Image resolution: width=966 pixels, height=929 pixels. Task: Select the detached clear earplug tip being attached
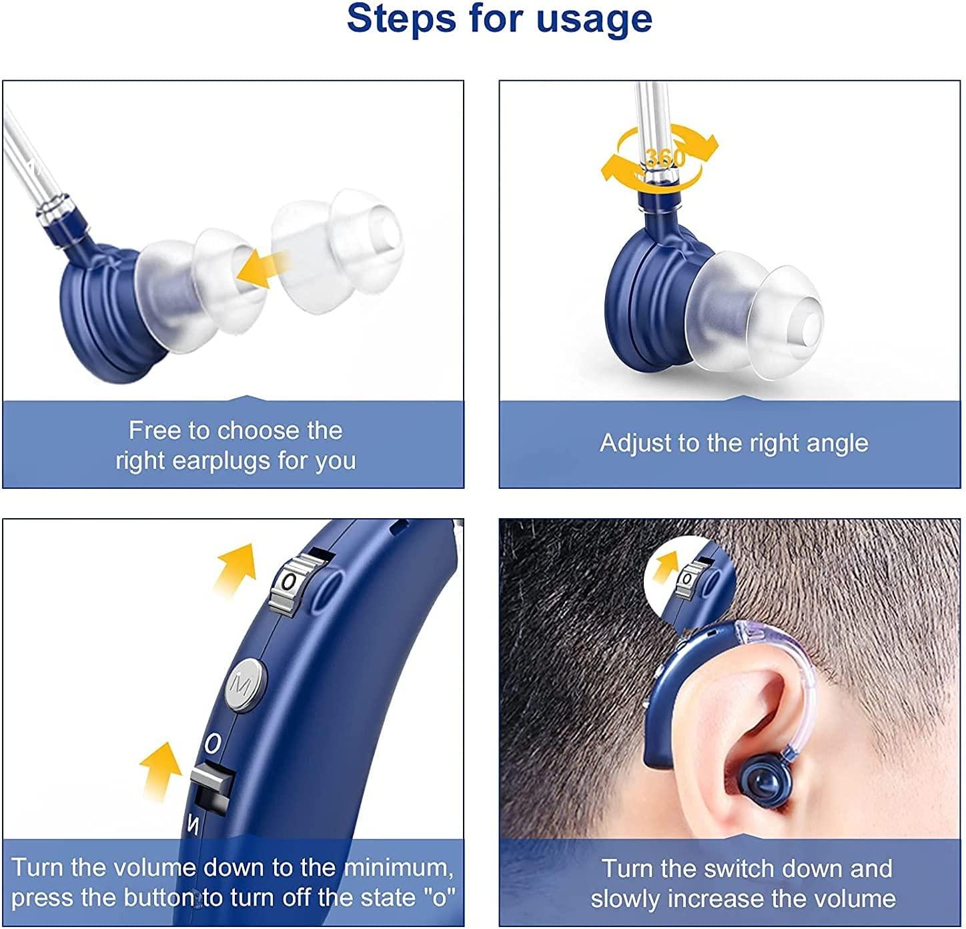tap(337, 247)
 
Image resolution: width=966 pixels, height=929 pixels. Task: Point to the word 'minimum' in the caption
tap(398, 868)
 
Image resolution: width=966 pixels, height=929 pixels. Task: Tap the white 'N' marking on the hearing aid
tap(193, 826)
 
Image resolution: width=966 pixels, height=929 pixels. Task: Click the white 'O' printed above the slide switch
tap(212, 742)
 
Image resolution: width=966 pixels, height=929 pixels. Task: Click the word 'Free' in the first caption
tap(154, 430)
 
